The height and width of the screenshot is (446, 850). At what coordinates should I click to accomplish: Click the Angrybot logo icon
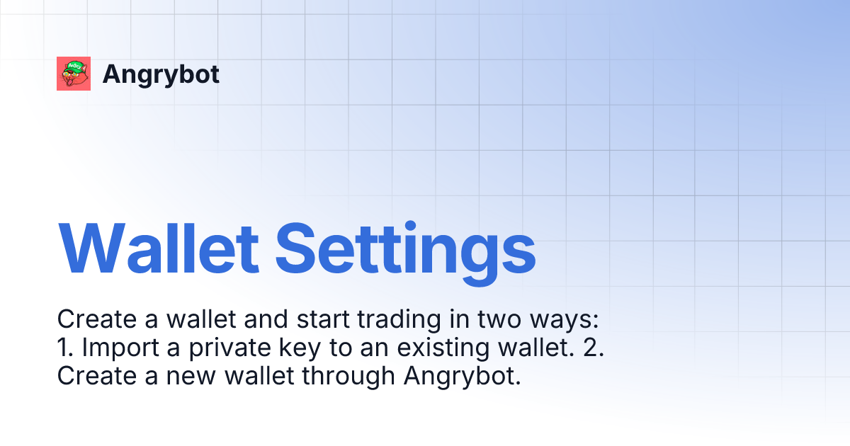[74, 74]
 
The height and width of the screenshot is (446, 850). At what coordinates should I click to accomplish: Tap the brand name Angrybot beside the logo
[161, 74]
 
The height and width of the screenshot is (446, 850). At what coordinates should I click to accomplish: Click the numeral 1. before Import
[64, 348]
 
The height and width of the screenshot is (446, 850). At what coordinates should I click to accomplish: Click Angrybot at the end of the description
[463, 376]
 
